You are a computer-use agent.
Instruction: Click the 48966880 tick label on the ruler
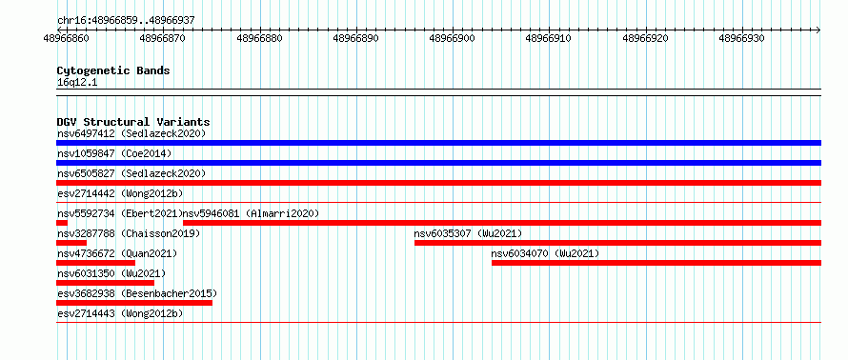click(259, 38)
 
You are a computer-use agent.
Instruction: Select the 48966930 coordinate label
click(741, 38)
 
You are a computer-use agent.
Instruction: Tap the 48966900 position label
click(453, 38)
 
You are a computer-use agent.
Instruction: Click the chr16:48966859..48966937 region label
click(126, 21)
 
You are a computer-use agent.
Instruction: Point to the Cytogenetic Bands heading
click(113, 70)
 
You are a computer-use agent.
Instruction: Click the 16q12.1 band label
click(77, 83)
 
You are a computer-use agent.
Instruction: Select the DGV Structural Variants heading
click(133, 122)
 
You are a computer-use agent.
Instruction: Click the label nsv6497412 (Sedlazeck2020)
click(131, 133)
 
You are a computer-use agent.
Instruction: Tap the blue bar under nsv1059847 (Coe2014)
click(438, 163)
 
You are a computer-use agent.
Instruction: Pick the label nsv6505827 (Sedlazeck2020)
click(131, 173)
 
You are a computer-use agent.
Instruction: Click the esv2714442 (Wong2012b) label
click(120, 193)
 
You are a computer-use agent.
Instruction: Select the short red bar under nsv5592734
click(62, 223)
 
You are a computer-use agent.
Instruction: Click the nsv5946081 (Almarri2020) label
click(252, 213)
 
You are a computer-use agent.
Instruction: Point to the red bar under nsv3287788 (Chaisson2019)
click(71, 243)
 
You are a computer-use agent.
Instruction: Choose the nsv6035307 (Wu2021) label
click(469, 233)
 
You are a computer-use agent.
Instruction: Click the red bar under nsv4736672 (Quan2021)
click(95, 263)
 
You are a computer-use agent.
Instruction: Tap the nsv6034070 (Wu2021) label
click(546, 253)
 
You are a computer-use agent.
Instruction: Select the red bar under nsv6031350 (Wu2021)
click(105, 283)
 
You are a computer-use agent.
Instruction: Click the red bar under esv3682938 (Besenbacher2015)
click(134, 303)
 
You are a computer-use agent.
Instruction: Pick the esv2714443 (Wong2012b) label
click(120, 313)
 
